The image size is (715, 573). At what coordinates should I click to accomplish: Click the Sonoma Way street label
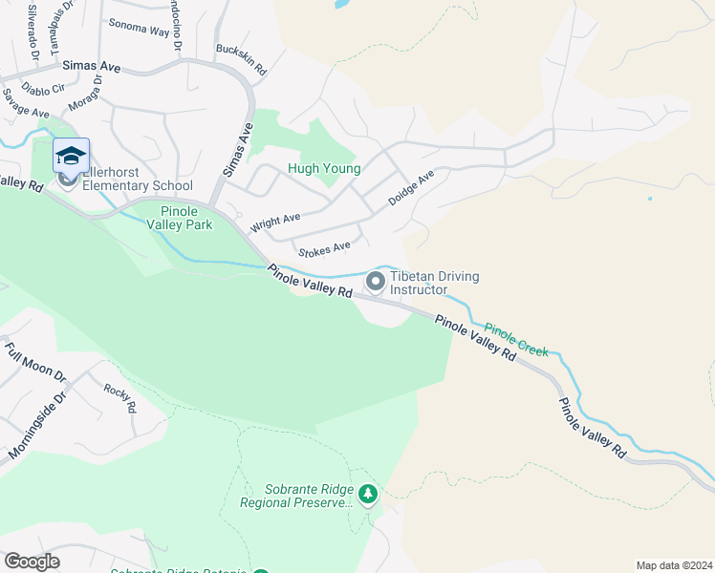[x=139, y=27]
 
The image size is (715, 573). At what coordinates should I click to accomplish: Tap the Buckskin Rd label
[x=241, y=60]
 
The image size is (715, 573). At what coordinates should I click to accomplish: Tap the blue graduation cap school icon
[x=71, y=156]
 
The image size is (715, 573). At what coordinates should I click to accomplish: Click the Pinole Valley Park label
[x=185, y=218]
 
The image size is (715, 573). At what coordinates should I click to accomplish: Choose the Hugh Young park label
[x=324, y=169]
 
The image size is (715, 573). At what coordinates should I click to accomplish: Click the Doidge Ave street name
[x=411, y=188]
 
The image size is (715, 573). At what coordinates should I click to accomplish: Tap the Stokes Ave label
[x=324, y=250]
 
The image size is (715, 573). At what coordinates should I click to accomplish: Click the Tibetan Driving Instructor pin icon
[x=376, y=281]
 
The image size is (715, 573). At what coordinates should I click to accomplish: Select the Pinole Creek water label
[x=516, y=338]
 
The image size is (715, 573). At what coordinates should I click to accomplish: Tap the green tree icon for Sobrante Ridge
[x=368, y=495]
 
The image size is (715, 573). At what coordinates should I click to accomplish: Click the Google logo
[x=32, y=562]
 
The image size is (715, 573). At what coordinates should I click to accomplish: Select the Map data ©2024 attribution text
[x=674, y=565]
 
